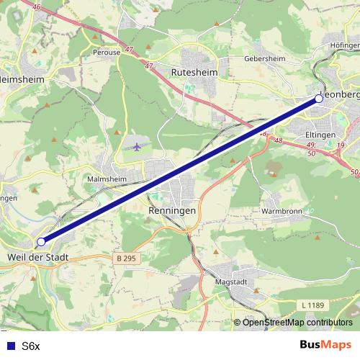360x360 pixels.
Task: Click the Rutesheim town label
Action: point(189,73)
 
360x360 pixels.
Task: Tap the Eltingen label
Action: point(317,134)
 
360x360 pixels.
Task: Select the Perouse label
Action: point(106,53)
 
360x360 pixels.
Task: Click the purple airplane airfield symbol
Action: point(137,147)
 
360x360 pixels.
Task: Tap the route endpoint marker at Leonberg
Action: point(319,99)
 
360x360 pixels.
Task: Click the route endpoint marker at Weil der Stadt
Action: point(41,242)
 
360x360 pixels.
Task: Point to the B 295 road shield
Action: point(126,257)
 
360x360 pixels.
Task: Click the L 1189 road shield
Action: point(313,305)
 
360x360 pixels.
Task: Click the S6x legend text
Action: point(31,346)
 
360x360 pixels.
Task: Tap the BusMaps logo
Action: point(326,346)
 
